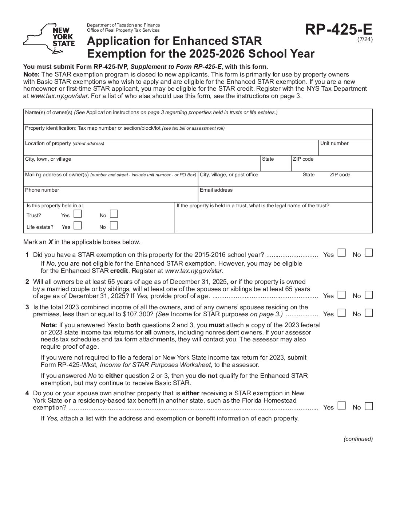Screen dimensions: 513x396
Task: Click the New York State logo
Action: [49, 39]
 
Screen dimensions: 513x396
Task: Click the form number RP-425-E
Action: [338, 30]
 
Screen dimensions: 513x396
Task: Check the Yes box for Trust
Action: [78, 214]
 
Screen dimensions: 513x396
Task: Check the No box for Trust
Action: [114, 214]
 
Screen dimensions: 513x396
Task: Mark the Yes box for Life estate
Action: [78, 226]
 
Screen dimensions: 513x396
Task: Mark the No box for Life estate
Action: [114, 226]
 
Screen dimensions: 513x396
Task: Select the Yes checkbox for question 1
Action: [341, 253]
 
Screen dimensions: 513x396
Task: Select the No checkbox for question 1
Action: [369, 253]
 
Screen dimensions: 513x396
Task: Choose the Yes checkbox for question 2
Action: [341, 294]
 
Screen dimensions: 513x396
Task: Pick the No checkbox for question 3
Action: [369, 313]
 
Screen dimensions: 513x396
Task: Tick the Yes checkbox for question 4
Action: [341, 406]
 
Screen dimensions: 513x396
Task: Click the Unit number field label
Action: [334, 144]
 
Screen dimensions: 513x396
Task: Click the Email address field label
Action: [216, 190]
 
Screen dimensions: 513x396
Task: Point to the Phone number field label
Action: [42, 190]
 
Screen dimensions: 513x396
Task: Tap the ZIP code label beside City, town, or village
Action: [303, 159]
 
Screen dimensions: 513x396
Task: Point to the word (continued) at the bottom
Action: [358, 439]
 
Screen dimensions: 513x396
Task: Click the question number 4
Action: [27, 393]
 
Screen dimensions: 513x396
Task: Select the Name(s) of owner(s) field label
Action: [49, 113]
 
